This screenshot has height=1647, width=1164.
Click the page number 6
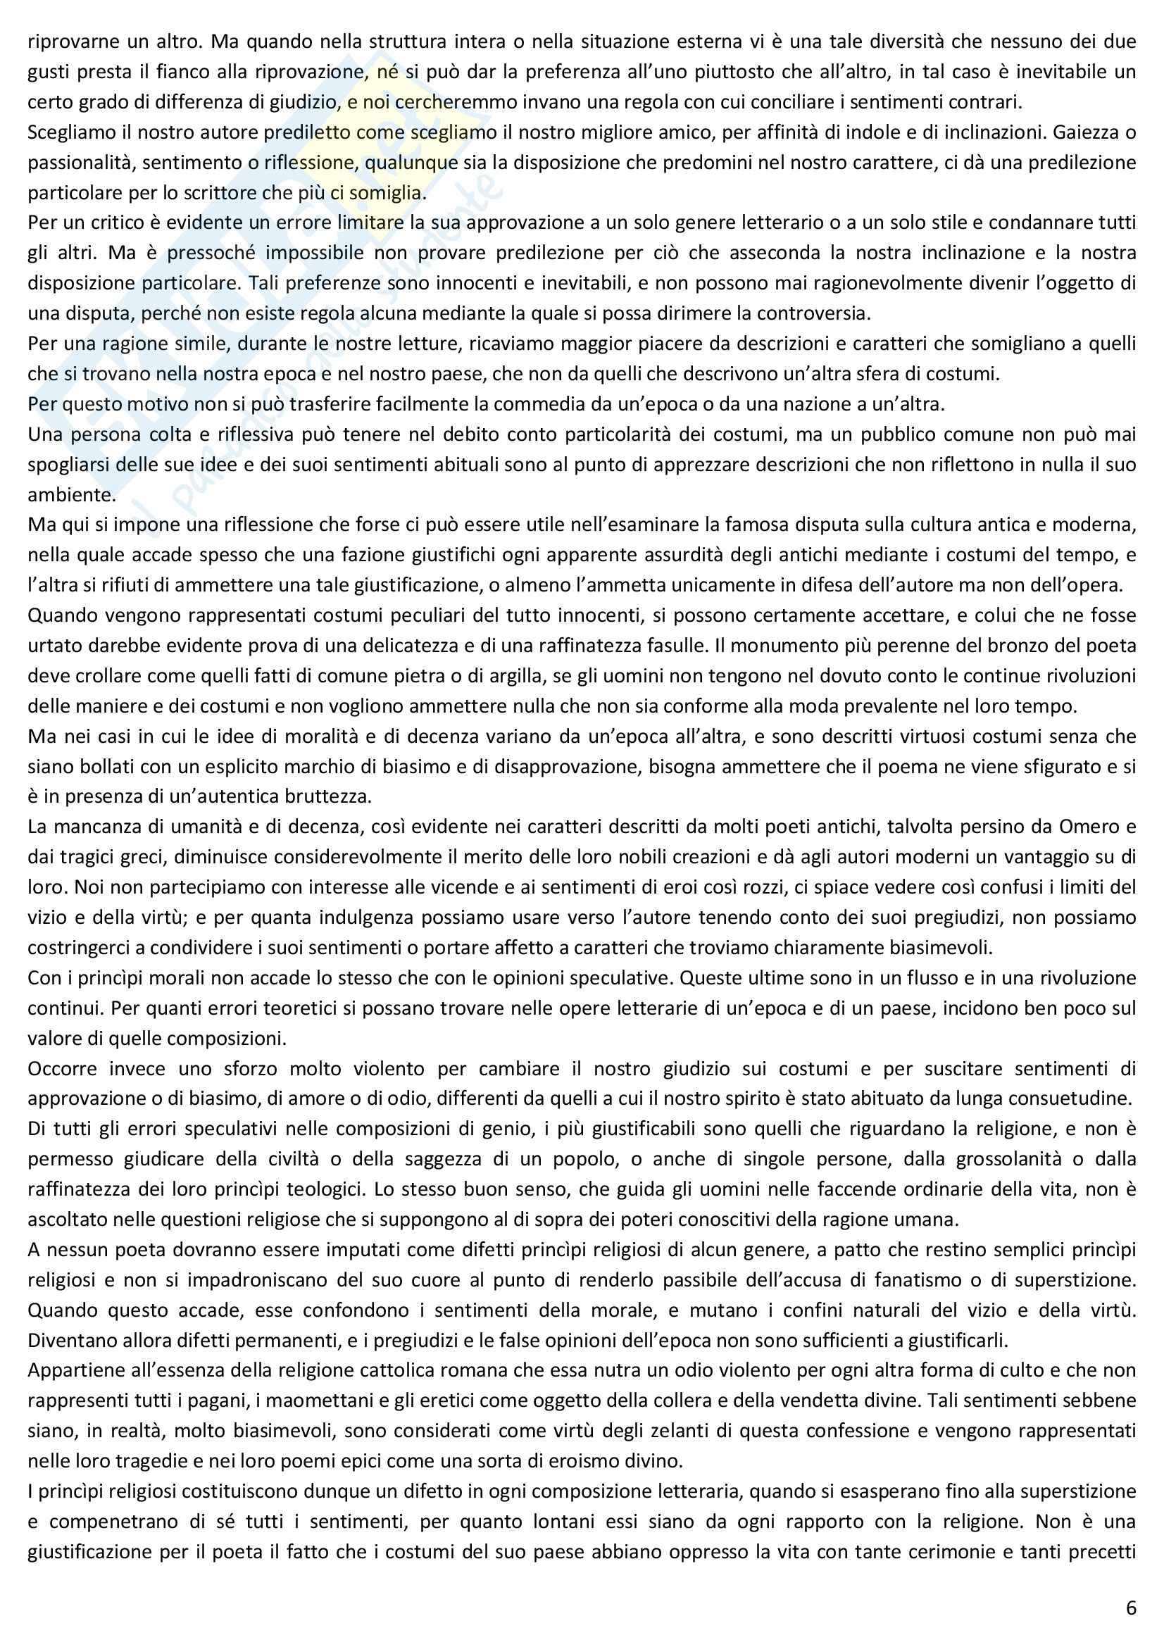[1131, 1608]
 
